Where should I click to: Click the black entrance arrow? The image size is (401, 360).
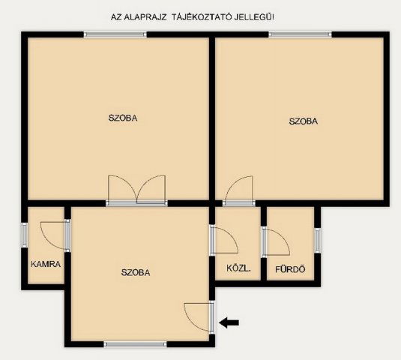click(229, 322)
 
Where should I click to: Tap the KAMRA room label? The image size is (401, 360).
click(46, 264)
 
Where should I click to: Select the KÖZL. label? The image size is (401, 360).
click(238, 268)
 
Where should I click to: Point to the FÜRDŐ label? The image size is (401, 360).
click(290, 268)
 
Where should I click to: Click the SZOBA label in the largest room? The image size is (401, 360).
click(123, 118)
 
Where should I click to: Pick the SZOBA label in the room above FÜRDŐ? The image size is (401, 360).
click(303, 121)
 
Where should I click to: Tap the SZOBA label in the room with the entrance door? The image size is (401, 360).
click(136, 272)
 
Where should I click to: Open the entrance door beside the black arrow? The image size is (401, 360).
click(199, 315)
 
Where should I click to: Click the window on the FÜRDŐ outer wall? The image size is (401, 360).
click(318, 239)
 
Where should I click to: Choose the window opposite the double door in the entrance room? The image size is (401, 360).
click(135, 344)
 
